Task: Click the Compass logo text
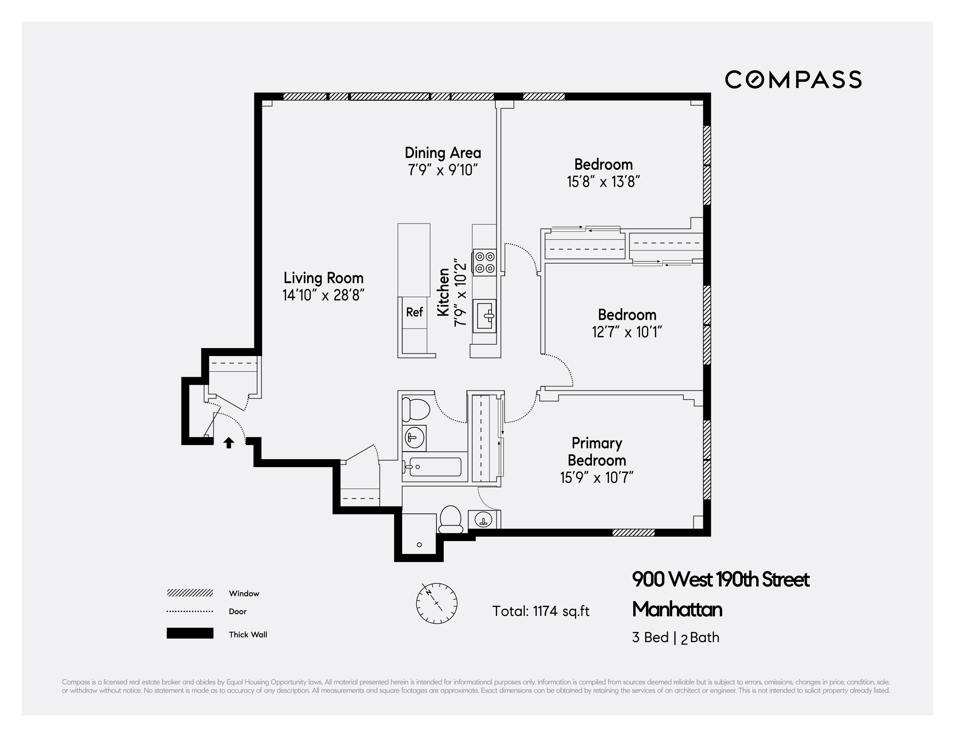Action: click(x=793, y=80)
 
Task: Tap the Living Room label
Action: click(x=324, y=278)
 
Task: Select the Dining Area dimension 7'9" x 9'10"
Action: click(x=443, y=170)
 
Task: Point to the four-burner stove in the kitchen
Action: click(x=485, y=262)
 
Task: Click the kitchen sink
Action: click(x=485, y=316)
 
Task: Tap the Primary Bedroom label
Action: click(x=596, y=452)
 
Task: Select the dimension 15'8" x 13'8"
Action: click(x=603, y=182)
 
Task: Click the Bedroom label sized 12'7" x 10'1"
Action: click(x=627, y=315)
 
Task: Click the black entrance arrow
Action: click(x=229, y=443)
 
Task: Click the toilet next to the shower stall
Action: click(x=450, y=519)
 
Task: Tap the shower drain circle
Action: click(x=419, y=545)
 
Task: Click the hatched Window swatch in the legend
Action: click(x=190, y=593)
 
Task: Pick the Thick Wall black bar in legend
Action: click(x=190, y=633)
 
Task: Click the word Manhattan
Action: click(x=677, y=609)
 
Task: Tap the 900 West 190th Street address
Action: click(x=720, y=580)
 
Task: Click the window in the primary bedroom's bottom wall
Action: click(x=633, y=533)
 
